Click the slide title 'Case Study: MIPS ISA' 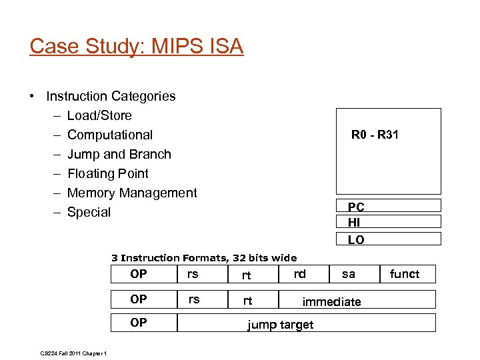click(x=137, y=47)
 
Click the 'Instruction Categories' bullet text click(x=111, y=96)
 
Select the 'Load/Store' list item click(x=99, y=115)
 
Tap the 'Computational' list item click(x=110, y=135)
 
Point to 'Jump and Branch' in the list click(x=119, y=154)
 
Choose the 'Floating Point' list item click(x=108, y=173)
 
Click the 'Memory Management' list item click(x=132, y=193)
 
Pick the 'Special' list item click(x=89, y=212)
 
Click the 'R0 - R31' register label click(x=375, y=135)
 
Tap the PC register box click(x=388, y=206)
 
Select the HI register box click(x=388, y=222)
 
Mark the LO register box click(x=388, y=239)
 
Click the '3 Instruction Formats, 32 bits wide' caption click(x=204, y=257)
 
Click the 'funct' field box click(x=405, y=274)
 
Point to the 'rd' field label click(x=300, y=273)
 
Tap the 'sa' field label click(x=349, y=273)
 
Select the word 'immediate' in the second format click(x=331, y=302)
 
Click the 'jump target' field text click(x=280, y=325)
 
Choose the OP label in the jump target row click(x=139, y=323)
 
